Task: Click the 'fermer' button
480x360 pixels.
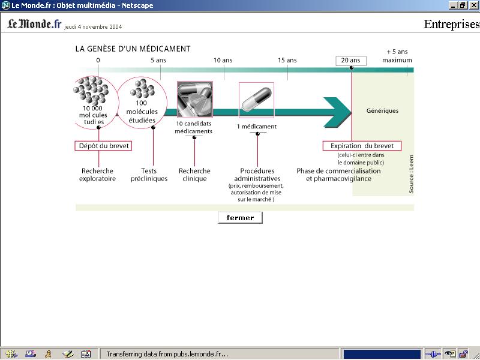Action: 240,218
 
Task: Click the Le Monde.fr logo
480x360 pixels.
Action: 34,24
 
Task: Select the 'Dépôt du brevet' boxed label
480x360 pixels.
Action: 103,146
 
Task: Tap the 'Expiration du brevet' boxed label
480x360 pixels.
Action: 362,146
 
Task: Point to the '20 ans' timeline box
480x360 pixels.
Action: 350,60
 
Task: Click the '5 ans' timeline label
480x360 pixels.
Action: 158,60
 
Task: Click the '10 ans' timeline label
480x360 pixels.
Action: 223,60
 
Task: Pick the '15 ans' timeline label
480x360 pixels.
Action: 287,60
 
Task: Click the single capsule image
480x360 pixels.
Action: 256,100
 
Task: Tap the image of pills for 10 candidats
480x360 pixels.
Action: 194,100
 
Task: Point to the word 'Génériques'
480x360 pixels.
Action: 382,111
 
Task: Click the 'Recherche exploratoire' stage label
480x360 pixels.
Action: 97,175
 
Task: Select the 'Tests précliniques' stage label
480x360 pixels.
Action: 149,175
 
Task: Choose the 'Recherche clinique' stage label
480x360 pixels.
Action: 194,175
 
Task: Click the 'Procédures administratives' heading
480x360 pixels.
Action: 257,175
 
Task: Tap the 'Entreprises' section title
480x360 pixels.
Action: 451,25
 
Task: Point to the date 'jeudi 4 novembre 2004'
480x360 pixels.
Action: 93,27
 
